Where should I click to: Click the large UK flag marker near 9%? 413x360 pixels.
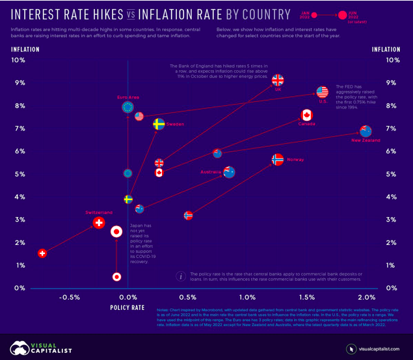(x=278, y=81)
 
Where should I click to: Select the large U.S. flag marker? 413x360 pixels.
(x=323, y=92)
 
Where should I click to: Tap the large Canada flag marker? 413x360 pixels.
(x=306, y=116)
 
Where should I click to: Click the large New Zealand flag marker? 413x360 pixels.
(x=366, y=131)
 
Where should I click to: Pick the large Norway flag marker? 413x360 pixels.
(x=278, y=159)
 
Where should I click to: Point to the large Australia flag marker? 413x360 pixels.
(x=229, y=172)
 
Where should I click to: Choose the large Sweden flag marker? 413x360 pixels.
(x=158, y=123)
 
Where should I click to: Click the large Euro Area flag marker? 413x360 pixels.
(x=128, y=107)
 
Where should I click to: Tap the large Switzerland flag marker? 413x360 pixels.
(x=98, y=223)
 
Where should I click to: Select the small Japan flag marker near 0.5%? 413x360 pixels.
(x=116, y=277)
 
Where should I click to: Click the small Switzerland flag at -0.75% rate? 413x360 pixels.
(x=42, y=253)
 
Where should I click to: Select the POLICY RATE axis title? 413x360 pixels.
(x=127, y=307)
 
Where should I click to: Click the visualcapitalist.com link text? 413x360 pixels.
(x=379, y=349)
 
